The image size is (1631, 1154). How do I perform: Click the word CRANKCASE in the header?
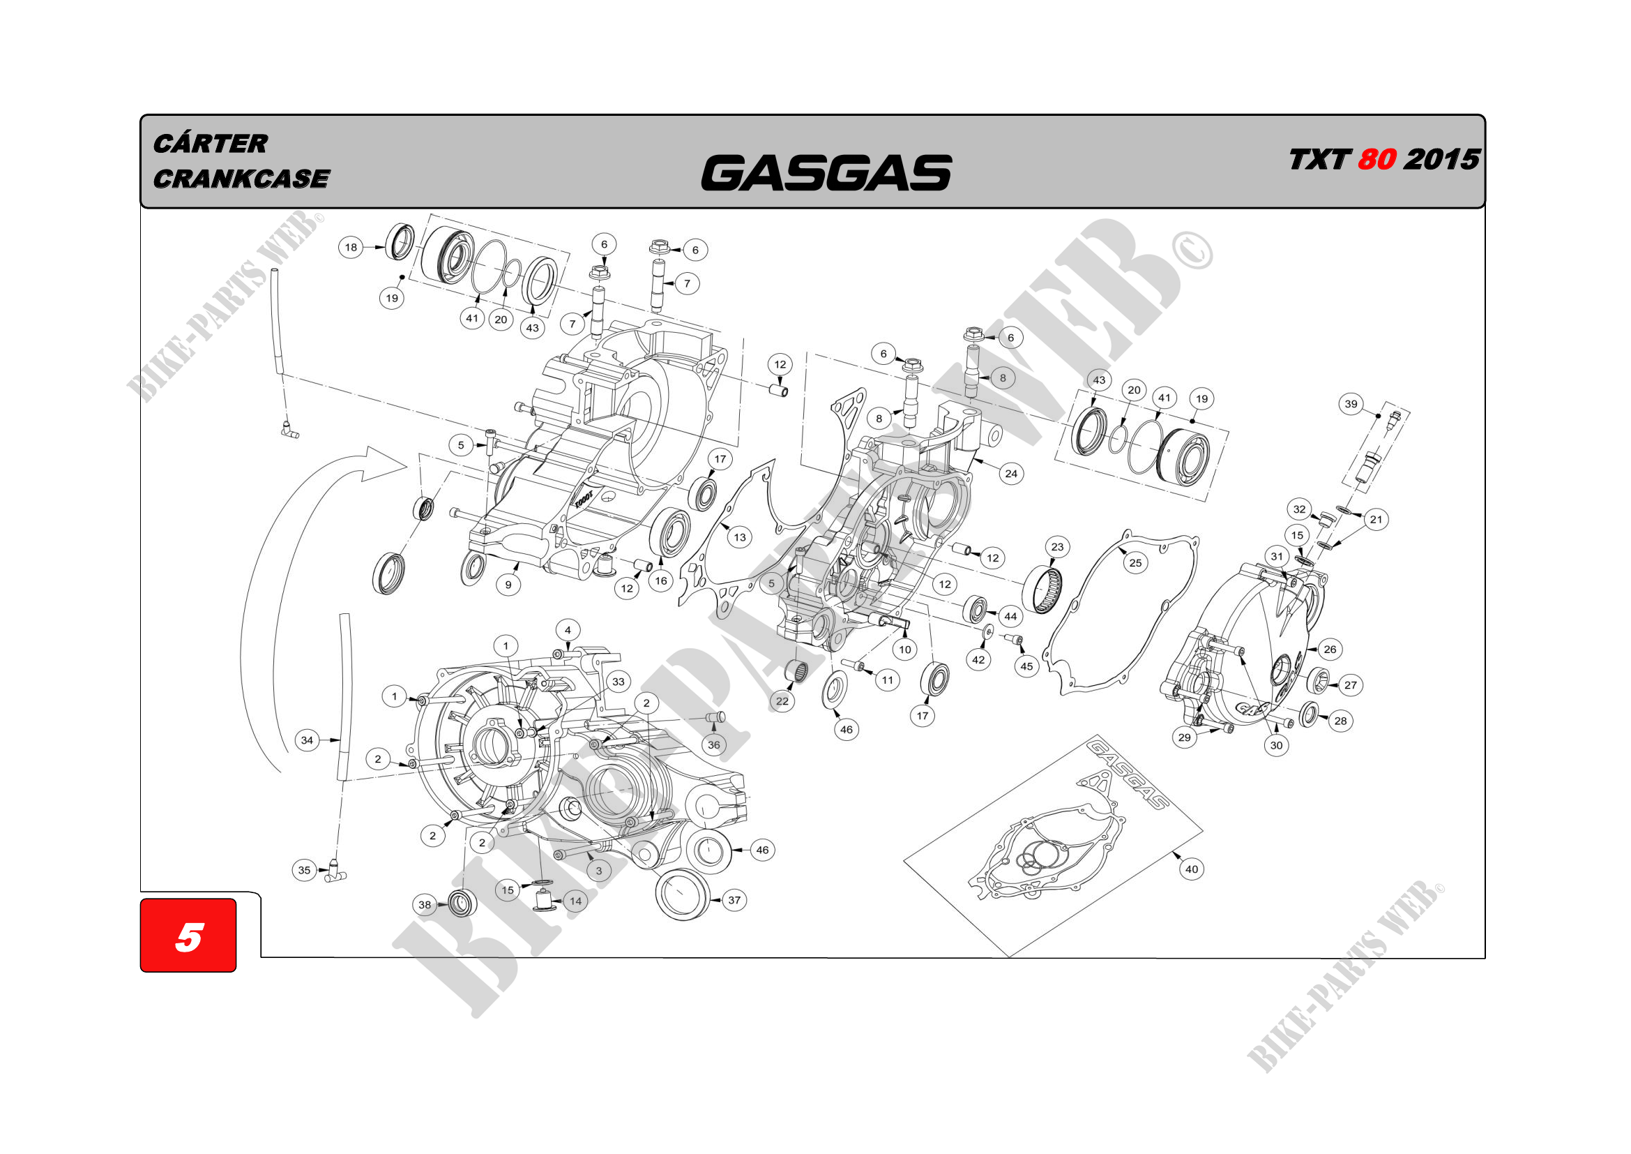pyautogui.click(x=241, y=179)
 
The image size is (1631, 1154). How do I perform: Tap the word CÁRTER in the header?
pyautogui.click(x=211, y=144)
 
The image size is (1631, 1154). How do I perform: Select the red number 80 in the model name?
pyautogui.click(x=1376, y=159)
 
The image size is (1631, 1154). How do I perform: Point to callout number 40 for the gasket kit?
pyautogui.click(x=1191, y=869)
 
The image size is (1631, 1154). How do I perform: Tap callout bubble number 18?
pyautogui.click(x=351, y=247)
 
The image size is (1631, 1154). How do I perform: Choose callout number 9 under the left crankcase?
pyautogui.click(x=508, y=585)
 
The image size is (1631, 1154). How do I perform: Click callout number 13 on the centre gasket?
pyautogui.click(x=739, y=537)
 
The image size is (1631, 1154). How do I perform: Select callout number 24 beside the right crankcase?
pyautogui.click(x=1011, y=473)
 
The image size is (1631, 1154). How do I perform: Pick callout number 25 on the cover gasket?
pyautogui.click(x=1135, y=563)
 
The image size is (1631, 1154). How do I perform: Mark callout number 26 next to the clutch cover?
pyautogui.click(x=1330, y=649)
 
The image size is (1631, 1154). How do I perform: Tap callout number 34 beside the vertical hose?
pyautogui.click(x=307, y=740)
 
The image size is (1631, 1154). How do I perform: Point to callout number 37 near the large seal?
pyautogui.click(x=734, y=900)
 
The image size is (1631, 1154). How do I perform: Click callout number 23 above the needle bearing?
pyautogui.click(x=1057, y=546)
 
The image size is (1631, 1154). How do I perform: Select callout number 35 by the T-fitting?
pyautogui.click(x=304, y=870)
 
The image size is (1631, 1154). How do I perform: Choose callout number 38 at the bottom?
pyautogui.click(x=425, y=905)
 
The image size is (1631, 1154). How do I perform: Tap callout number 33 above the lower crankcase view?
pyautogui.click(x=618, y=682)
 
